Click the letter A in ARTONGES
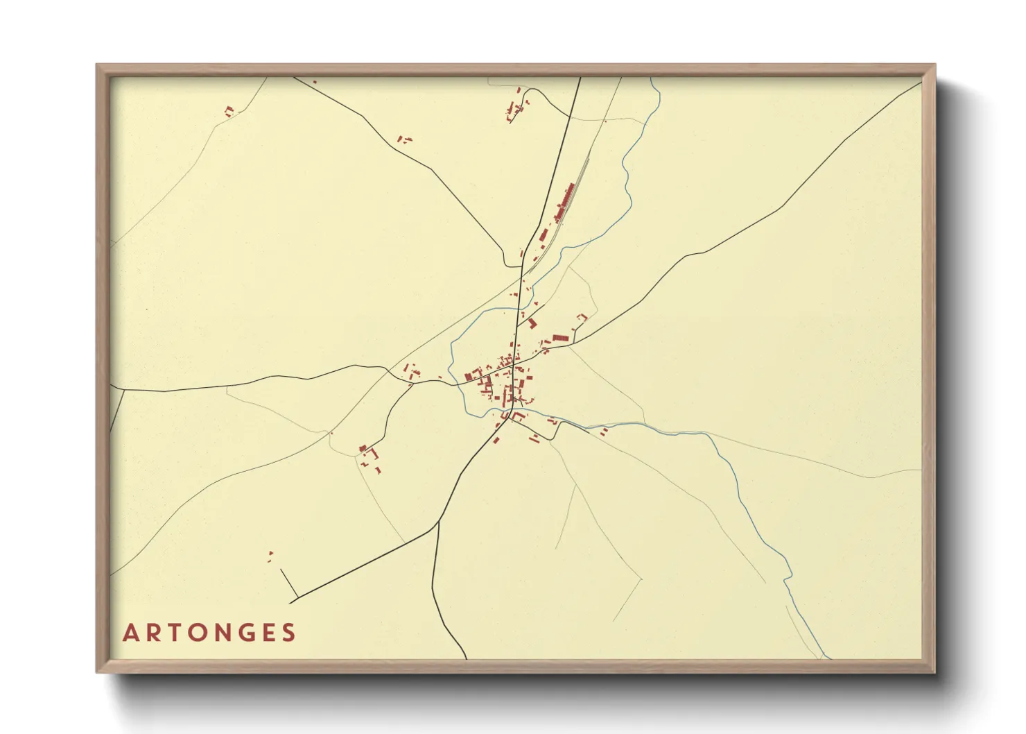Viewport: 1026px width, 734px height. point(130,633)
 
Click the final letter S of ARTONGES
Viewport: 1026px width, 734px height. point(290,633)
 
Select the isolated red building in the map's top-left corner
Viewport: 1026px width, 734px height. point(229,110)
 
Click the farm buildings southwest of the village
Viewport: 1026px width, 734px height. point(370,456)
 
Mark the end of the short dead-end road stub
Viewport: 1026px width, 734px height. point(281,570)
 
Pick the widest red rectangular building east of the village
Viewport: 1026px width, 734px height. point(560,338)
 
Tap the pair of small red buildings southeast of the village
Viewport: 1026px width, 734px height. point(603,432)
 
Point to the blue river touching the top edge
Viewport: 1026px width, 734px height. point(652,79)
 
